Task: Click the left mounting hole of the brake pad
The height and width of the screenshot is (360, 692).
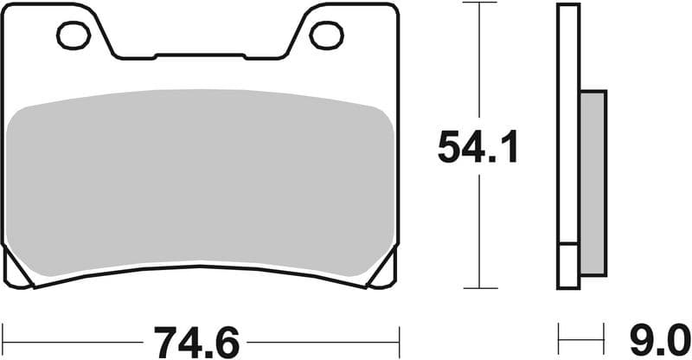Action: (74, 35)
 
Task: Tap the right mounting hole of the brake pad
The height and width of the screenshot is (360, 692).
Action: (326, 35)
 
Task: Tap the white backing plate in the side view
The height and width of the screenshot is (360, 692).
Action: (567, 130)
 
